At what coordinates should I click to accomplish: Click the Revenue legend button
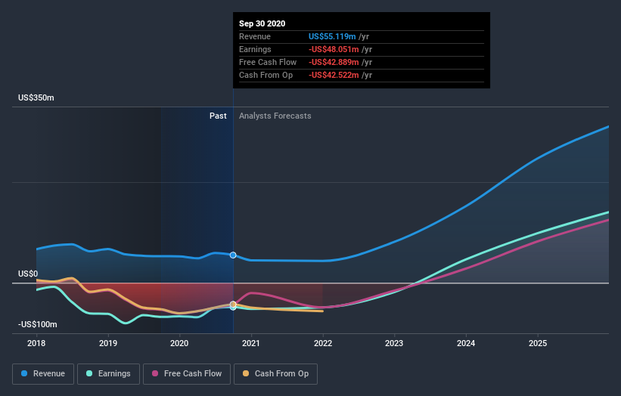pos(43,373)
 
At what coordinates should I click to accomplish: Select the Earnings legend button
pos(108,373)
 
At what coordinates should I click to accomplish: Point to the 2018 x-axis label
pos(36,343)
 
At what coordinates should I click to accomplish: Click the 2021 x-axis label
pos(251,343)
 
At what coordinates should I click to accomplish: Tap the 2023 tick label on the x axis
pos(394,343)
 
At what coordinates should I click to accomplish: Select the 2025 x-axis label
pos(538,343)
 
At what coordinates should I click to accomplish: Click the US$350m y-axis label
pos(36,98)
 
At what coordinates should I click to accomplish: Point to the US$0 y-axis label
pos(29,274)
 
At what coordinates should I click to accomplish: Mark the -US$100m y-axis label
pos(39,324)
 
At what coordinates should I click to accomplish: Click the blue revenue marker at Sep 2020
pos(233,255)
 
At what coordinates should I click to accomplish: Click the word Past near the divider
pos(218,116)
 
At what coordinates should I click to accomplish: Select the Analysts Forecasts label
pos(275,116)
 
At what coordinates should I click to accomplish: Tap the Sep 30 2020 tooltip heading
pos(262,24)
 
